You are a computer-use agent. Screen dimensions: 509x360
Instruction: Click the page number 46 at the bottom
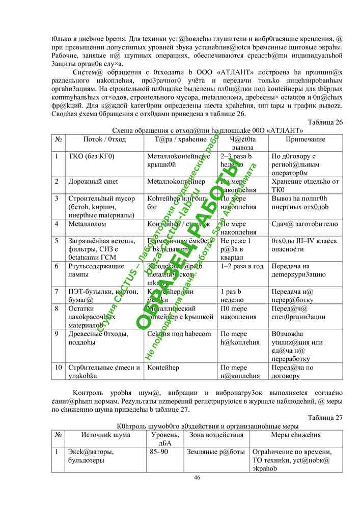click(x=197, y=477)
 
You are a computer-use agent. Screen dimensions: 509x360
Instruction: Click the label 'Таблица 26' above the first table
click(x=325, y=122)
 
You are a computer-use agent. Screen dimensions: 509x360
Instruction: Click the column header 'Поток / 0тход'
click(x=104, y=139)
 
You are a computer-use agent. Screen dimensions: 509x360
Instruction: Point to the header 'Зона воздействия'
click(x=216, y=435)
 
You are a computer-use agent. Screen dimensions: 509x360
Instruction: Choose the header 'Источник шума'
click(x=105, y=435)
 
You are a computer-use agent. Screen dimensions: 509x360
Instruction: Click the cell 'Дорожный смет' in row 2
click(x=93, y=181)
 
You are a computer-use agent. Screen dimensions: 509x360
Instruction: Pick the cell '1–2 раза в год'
click(x=242, y=266)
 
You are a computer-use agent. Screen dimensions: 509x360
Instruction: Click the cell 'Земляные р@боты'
click(x=216, y=451)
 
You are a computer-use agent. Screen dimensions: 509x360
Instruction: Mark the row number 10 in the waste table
click(x=59, y=367)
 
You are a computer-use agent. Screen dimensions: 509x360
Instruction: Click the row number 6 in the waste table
click(x=57, y=266)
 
